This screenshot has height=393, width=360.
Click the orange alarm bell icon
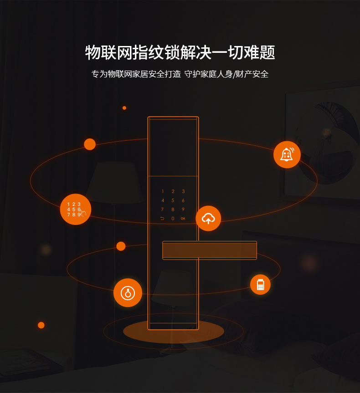click(287, 155)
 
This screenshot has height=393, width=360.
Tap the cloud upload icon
click(208, 219)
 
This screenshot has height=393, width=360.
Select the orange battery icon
click(260, 285)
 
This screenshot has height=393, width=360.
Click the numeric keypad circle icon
click(76, 209)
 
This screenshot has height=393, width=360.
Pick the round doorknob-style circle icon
click(128, 292)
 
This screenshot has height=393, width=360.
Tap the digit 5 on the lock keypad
click(173, 200)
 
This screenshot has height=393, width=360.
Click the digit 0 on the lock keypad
click(173, 219)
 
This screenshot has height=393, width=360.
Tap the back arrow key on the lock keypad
click(162, 219)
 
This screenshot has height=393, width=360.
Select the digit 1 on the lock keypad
click(162, 191)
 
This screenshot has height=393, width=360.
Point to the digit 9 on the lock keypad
click(183, 209)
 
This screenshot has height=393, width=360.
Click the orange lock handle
click(210, 250)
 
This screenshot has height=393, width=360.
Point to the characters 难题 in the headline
click(261, 52)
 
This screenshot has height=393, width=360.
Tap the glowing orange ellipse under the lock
click(173, 332)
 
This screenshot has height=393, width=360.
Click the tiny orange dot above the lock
click(124, 108)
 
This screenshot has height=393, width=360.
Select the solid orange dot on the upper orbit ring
click(90, 144)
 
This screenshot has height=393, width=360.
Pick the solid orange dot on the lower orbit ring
click(121, 246)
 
